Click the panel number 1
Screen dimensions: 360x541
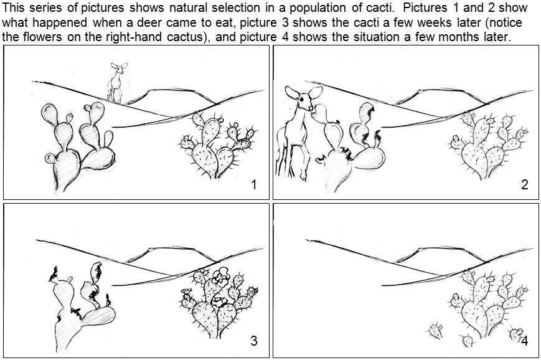point(253,184)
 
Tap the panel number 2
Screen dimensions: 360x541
point(524,184)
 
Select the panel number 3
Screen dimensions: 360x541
point(253,341)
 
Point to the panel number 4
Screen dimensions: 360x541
point(525,341)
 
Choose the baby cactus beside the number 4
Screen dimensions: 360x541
point(515,334)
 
